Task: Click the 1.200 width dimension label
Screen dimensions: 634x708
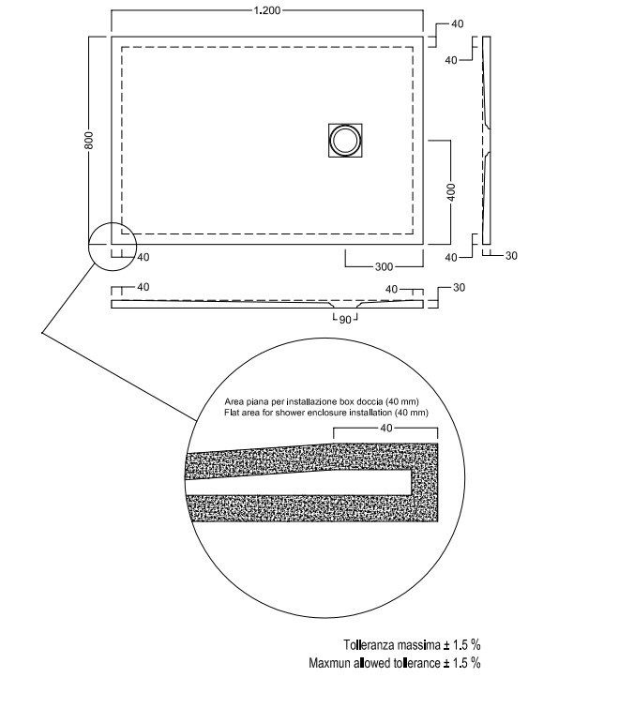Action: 267,10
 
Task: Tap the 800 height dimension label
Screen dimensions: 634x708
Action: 89,140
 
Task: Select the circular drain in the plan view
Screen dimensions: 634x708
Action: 345,140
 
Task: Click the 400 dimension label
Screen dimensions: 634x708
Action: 451,192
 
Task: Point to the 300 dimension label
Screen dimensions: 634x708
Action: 384,267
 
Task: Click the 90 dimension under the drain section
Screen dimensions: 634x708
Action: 345,320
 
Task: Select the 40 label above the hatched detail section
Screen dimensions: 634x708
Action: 386,428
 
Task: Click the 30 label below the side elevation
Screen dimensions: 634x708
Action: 511,256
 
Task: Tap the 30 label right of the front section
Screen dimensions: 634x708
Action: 459,288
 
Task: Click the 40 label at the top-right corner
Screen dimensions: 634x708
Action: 458,24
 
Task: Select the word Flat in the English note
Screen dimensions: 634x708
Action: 232,413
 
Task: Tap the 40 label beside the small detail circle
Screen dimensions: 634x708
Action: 143,257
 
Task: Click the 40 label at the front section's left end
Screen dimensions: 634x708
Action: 143,287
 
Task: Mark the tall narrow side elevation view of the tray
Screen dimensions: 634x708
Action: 487,140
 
